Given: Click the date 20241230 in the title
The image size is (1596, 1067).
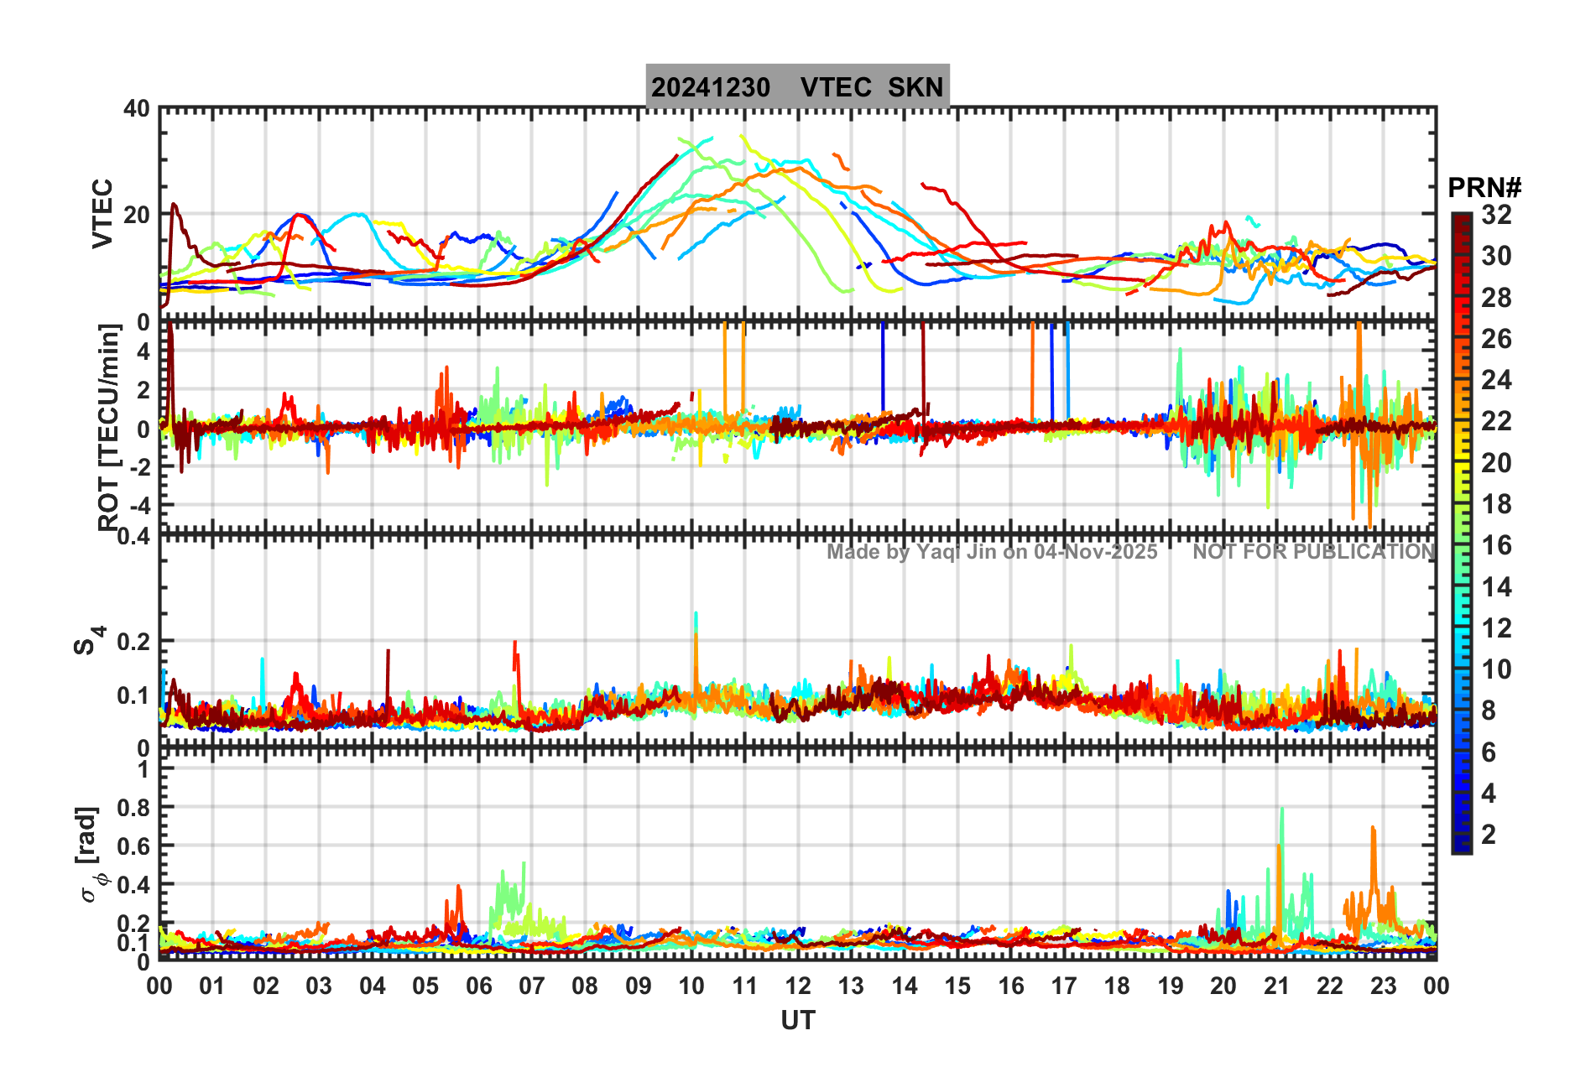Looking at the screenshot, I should tap(711, 87).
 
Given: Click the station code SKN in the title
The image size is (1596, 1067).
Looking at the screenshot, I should tap(915, 87).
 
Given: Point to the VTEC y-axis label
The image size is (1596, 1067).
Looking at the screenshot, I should tap(102, 214).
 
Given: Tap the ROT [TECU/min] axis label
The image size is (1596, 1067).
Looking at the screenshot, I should tap(109, 428).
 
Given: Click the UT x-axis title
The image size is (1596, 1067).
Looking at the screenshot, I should tap(797, 1021).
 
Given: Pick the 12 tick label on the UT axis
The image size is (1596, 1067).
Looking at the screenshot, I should tap(797, 986).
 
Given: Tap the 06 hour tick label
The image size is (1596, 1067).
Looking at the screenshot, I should tap(478, 986).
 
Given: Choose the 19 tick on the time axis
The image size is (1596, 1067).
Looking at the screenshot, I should tap(1170, 986).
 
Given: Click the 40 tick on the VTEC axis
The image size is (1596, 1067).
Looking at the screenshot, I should tap(136, 109).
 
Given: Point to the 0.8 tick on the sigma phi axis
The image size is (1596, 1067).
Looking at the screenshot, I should tap(132, 807).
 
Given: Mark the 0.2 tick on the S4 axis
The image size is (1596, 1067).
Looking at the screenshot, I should tap(132, 642).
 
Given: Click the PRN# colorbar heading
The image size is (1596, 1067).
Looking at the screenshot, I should tap(1484, 188).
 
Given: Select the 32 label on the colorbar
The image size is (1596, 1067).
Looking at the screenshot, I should tap(1496, 215).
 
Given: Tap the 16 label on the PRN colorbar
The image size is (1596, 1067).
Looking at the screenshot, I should tap(1496, 545).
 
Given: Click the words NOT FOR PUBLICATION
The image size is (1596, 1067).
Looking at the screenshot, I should tap(1313, 552).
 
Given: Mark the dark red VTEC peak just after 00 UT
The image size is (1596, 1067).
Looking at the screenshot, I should tap(174, 204).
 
